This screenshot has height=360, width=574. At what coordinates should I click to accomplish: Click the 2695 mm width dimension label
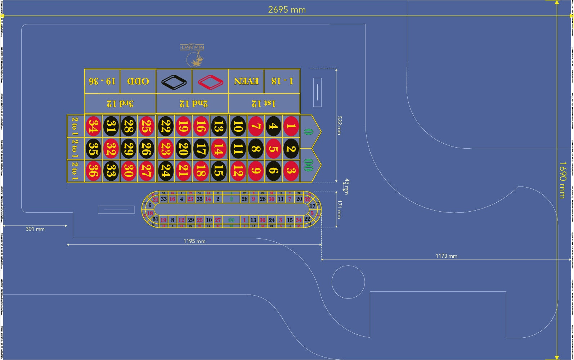(287, 10)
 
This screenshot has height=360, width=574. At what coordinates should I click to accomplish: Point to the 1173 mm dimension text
(446, 256)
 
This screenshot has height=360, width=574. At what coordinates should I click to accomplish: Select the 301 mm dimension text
(35, 229)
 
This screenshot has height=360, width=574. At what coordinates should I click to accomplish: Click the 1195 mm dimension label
(194, 241)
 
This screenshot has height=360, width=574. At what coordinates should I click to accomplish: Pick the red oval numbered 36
(93, 171)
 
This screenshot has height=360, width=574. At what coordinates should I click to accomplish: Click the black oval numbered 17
(201, 149)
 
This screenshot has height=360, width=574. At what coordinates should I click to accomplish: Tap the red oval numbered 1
(291, 126)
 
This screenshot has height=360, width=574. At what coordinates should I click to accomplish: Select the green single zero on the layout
(308, 132)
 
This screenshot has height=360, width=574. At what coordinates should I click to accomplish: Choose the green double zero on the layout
(308, 165)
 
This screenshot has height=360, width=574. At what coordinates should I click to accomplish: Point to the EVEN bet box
(246, 81)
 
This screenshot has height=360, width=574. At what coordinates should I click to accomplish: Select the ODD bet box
(138, 81)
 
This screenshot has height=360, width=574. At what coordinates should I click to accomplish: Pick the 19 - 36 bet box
(102, 81)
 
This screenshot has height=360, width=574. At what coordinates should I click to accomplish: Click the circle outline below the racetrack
(348, 282)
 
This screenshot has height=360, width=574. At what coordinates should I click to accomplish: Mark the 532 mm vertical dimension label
(338, 125)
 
